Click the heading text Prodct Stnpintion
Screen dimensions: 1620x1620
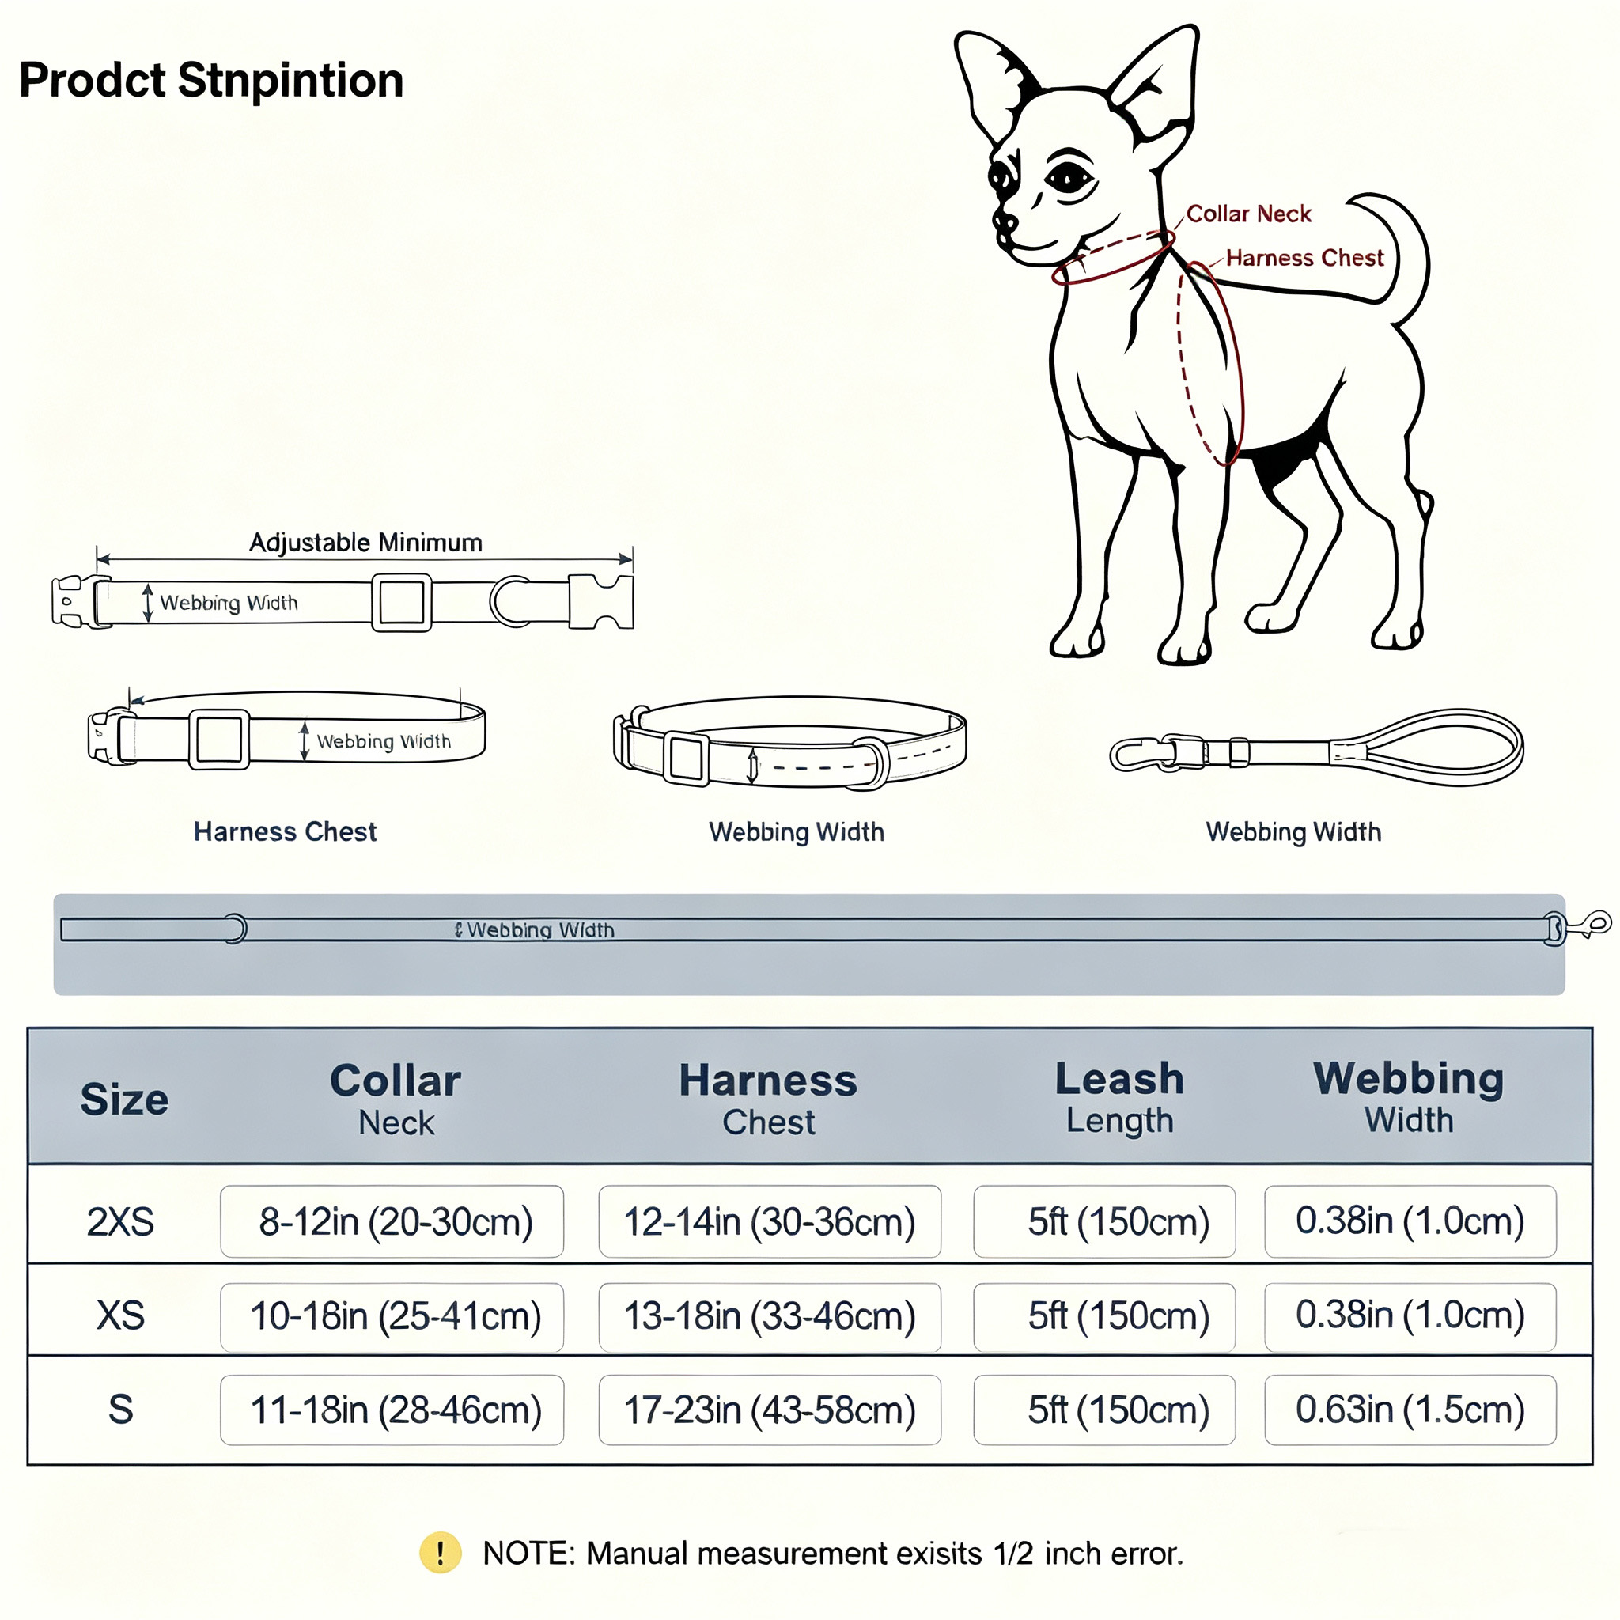(211, 81)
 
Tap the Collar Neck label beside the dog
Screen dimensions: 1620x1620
(1248, 214)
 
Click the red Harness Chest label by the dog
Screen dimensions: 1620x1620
(1304, 257)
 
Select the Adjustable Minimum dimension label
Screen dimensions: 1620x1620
(365, 543)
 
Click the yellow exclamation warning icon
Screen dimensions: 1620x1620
(441, 1553)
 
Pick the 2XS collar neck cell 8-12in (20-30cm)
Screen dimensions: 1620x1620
(392, 1221)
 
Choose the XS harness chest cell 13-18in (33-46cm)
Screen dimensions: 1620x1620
(770, 1316)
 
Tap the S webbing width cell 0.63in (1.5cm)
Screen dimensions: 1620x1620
(1410, 1410)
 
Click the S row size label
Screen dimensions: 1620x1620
(121, 1410)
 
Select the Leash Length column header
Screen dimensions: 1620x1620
(1119, 1098)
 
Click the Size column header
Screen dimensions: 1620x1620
(124, 1100)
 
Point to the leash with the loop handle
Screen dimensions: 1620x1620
(1316, 749)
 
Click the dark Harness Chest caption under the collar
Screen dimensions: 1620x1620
(285, 831)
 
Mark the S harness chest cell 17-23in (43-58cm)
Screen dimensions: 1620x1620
(770, 1410)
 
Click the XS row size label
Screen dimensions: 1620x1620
(121, 1315)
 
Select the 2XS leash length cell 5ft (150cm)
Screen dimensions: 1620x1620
(1104, 1221)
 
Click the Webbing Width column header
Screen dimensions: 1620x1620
(1409, 1097)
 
